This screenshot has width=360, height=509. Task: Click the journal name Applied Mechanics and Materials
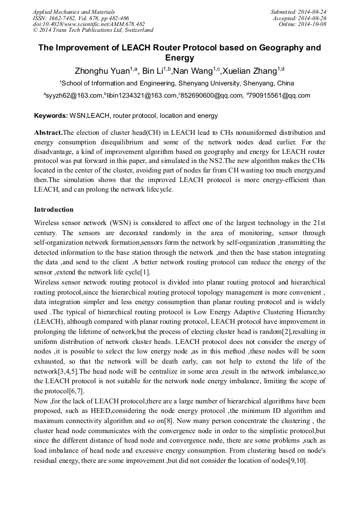[x=73, y=11]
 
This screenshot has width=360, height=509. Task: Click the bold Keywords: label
[x=51, y=115]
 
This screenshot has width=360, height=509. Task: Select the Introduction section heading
[x=54, y=209]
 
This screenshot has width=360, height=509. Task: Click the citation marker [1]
[x=145, y=272]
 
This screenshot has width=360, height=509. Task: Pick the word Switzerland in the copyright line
[x=135, y=30]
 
